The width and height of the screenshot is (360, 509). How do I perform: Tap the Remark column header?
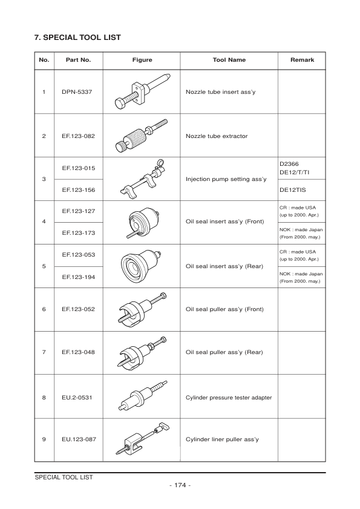(301, 60)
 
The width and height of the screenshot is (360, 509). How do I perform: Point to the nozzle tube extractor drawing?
(142, 136)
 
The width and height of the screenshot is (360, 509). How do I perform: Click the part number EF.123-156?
(78, 189)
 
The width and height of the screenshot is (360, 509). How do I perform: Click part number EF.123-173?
(78, 233)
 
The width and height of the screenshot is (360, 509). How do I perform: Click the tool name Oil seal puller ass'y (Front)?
(224, 309)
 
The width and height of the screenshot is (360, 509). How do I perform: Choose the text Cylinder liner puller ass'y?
(222, 439)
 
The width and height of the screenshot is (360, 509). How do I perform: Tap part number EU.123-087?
(78, 439)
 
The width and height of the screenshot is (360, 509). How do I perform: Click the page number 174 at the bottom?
(180, 485)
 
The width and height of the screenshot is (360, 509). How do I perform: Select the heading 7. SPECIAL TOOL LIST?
(78, 38)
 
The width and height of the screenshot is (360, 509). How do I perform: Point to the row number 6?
(44, 309)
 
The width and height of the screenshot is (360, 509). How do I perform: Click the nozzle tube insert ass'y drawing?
(142, 93)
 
